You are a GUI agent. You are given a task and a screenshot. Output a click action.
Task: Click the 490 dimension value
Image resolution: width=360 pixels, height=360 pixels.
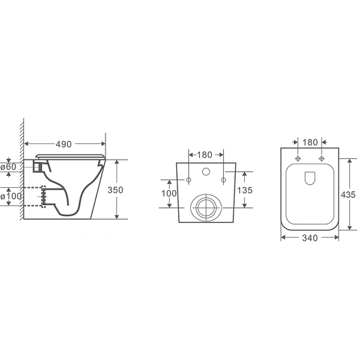point(63,144)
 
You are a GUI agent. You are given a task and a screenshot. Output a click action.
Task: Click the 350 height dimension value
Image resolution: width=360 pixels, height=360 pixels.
point(115,190)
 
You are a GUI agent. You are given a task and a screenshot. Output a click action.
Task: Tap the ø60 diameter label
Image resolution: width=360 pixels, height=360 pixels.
point(9,166)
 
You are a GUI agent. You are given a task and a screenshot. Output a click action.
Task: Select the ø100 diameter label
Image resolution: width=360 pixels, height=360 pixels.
point(11,196)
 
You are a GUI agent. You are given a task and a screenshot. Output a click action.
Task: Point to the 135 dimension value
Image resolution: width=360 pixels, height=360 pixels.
point(244,190)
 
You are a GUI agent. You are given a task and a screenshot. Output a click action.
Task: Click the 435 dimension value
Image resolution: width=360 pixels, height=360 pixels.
point(348,195)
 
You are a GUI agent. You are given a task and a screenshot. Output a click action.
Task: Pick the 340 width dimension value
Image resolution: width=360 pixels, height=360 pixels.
point(310,238)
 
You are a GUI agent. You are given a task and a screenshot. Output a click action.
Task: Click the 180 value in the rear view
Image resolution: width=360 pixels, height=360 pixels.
point(204,155)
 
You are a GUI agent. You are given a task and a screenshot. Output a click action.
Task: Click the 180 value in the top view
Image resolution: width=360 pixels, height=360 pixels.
point(310,142)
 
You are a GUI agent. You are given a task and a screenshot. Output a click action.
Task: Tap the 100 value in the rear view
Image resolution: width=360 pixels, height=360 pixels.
point(169,193)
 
